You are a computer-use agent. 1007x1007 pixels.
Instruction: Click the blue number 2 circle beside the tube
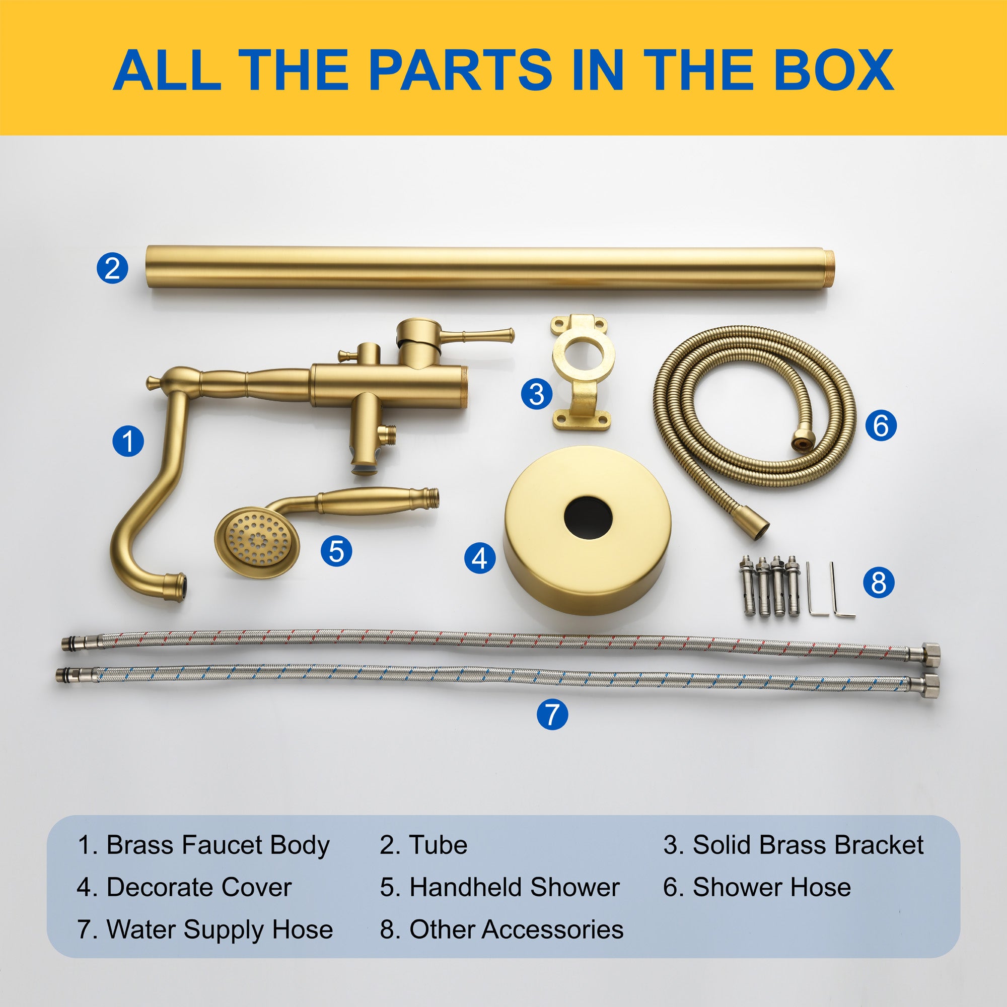click(112, 268)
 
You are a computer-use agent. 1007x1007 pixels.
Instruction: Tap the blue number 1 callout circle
click(128, 441)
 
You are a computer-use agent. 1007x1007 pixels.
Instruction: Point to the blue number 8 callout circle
click(879, 582)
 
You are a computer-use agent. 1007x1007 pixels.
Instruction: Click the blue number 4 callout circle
click(480, 558)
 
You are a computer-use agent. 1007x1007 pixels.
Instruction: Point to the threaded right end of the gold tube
click(827, 268)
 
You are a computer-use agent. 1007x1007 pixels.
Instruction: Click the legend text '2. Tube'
click(423, 845)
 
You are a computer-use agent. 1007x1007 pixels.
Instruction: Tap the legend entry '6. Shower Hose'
click(757, 887)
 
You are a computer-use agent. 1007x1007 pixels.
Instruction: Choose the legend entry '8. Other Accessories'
click(501, 929)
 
